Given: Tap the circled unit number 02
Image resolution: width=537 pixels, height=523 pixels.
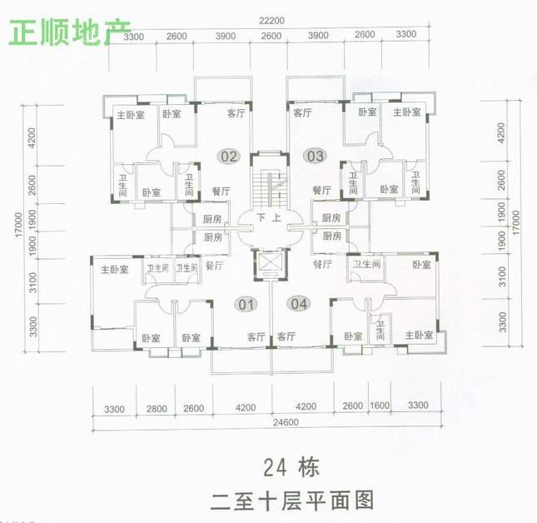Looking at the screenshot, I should [x=229, y=157].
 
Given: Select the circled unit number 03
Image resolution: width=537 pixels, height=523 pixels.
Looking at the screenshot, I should [x=314, y=156].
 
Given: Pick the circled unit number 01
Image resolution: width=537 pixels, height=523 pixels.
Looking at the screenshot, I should [x=246, y=304].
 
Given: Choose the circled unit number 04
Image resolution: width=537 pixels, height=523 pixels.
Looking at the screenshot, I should [x=300, y=304].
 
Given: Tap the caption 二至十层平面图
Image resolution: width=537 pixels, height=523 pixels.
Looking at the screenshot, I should [x=291, y=501].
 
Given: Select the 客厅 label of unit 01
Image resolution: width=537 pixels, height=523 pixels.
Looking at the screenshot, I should [x=256, y=336].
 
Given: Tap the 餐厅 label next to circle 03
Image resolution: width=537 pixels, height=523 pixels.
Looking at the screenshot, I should [x=321, y=191].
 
